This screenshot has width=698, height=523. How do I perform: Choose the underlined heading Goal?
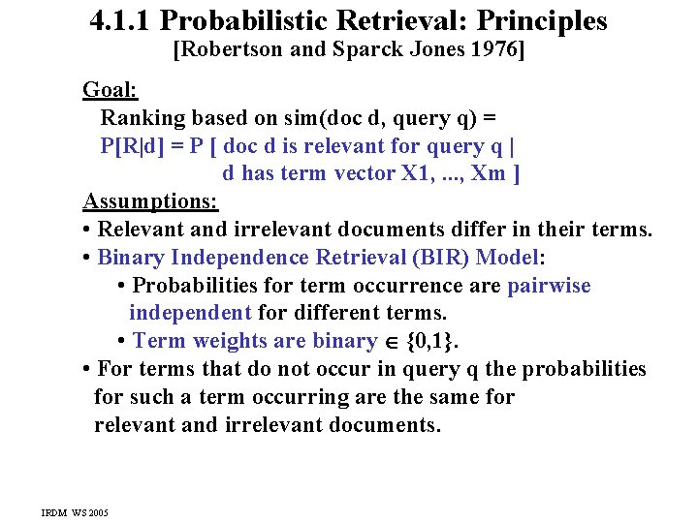pyautogui.click(x=110, y=90)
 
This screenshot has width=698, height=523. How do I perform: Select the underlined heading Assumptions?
pyautogui.click(x=150, y=201)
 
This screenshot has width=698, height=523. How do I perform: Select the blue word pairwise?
pyautogui.click(x=549, y=286)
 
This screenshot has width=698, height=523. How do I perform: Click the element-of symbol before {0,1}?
pyautogui.click(x=390, y=342)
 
